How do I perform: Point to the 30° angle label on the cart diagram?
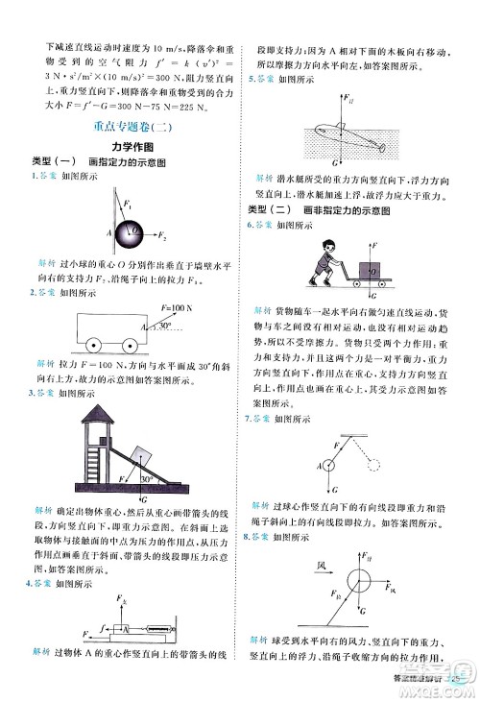tap(165, 327)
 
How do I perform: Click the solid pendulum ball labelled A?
tap(329, 466)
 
